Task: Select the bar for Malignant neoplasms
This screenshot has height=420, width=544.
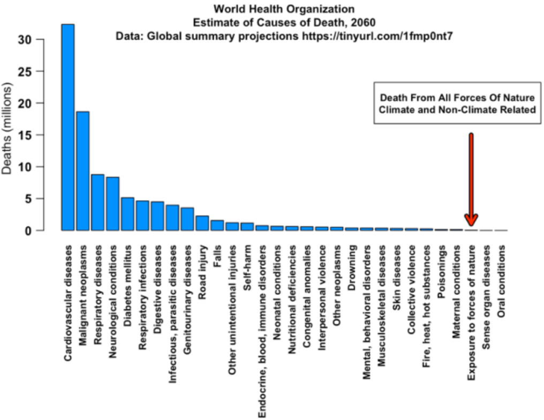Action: click(x=83, y=171)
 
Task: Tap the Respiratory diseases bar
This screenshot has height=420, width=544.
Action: click(x=97, y=202)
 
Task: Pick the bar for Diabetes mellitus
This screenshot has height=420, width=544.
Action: click(x=127, y=214)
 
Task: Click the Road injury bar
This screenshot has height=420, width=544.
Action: click(x=202, y=223)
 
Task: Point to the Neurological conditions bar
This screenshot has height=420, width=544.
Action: click(x=112, y=204)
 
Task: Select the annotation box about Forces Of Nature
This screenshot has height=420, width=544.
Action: click(x=457, y=103)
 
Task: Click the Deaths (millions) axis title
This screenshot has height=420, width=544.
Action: click(x=7, y=128)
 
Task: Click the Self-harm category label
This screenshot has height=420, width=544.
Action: click(x=247, y=268)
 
